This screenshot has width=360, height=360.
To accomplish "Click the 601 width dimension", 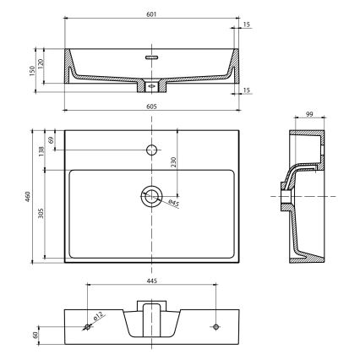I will (x=150, y=14).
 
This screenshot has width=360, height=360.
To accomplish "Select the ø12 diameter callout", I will (x=98, y=317).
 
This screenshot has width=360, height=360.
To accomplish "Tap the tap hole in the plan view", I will (x=151, y=150).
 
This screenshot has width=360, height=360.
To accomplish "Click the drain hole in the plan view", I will (x=151, y=197).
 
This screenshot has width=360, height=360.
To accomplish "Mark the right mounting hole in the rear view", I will (x=215, y=325).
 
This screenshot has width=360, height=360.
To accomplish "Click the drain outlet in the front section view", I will (x=151, y=86).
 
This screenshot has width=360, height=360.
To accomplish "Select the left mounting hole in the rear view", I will (x=87, y=325).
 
